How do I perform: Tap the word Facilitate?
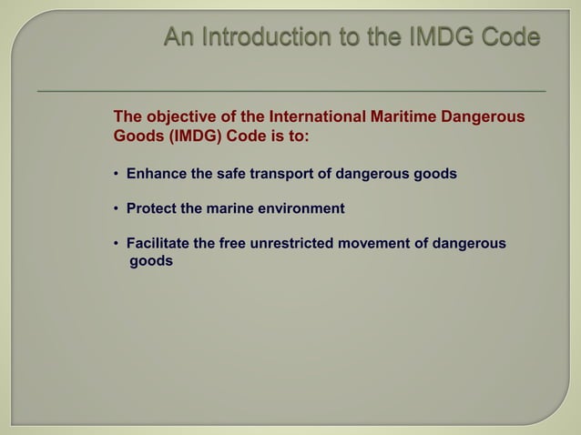(160, 245)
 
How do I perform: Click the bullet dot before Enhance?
(117, 174)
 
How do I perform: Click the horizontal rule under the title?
(291, 92)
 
